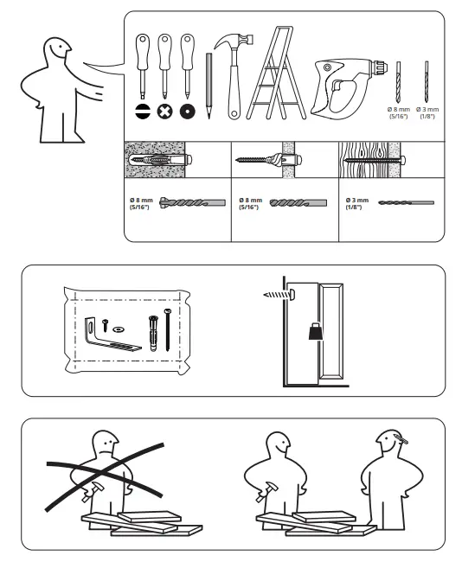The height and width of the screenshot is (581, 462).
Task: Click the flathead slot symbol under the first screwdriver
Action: click(142, 112)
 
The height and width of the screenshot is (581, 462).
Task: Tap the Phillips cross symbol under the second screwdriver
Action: click(164, 112)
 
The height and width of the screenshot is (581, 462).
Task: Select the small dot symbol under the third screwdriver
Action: click(186, 112)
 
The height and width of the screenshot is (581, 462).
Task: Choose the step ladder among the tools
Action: click(275, 73)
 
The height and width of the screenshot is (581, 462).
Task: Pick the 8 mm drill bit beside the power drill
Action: click(399, 81)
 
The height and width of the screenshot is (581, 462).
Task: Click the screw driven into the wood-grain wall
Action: click(372, 161)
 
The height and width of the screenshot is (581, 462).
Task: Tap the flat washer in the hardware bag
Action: click(119, 328)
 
